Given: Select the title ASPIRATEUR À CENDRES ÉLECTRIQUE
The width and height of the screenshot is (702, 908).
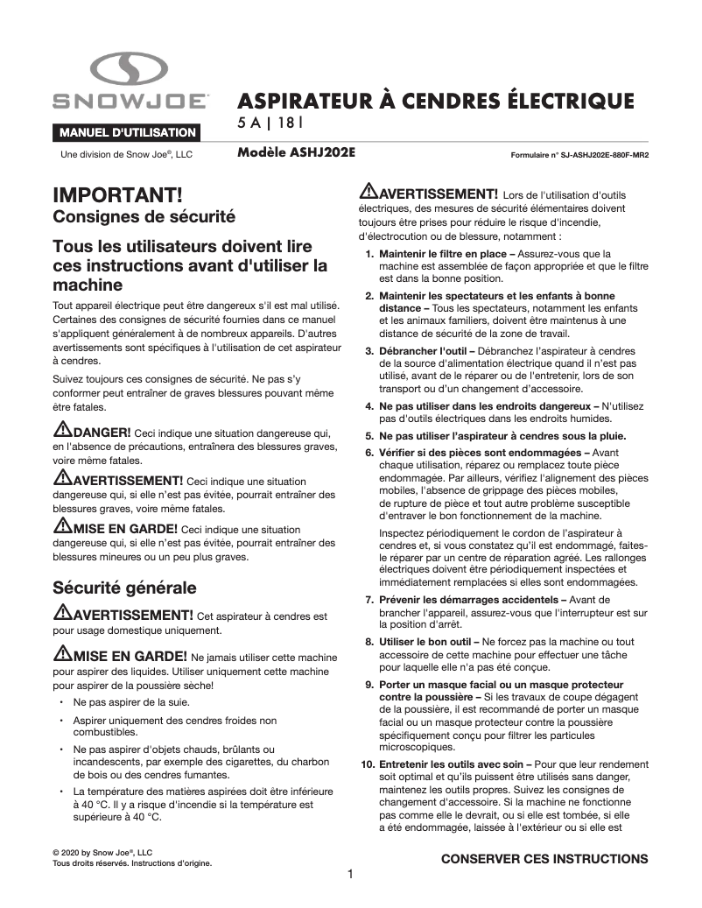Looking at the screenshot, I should tap(435, 101).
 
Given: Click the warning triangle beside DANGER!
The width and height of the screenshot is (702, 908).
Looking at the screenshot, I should tap(62, 430).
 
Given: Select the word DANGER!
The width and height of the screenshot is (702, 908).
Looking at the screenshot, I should tap(102, 432).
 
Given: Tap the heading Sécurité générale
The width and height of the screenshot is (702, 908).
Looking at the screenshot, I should tap(124, 586).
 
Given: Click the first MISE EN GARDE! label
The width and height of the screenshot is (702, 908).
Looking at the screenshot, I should tap(124, 528).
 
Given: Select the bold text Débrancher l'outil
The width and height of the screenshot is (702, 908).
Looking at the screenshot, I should tap(421, 351).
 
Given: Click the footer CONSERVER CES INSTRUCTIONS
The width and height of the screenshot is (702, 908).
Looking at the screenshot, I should tap(544, 859).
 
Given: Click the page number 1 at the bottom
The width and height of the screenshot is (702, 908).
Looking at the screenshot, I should tap(350, 875).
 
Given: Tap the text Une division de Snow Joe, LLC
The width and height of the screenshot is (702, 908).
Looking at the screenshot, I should tap(125, 154).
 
